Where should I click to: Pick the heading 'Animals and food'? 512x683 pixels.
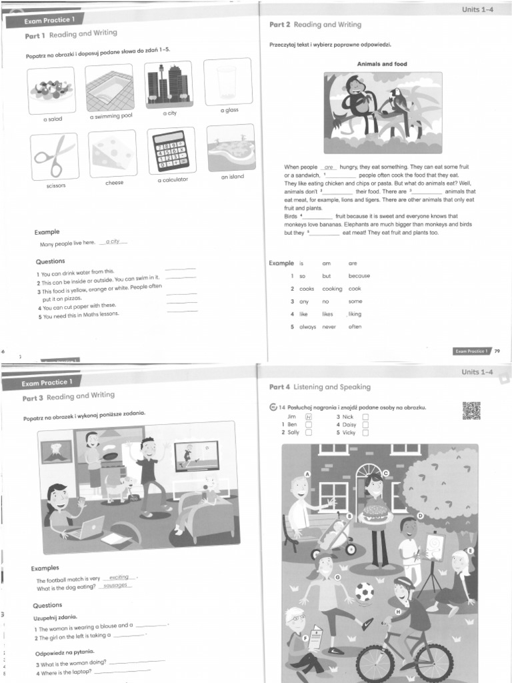[x=383, y=64]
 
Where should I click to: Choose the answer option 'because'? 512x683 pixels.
[x=359, y=275]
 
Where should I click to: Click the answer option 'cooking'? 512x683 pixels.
[x=332, y=289]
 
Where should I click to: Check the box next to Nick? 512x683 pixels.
[x=365, y=417]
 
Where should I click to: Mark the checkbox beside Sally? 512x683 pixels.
[x=309, y=432]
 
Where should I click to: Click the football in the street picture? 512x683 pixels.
[x=364, y=592]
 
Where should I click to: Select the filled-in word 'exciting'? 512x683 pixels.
[x=119, y=577]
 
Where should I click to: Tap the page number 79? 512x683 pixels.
[x=497, y=350]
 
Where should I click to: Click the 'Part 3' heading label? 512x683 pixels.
[x=33, y=398]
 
